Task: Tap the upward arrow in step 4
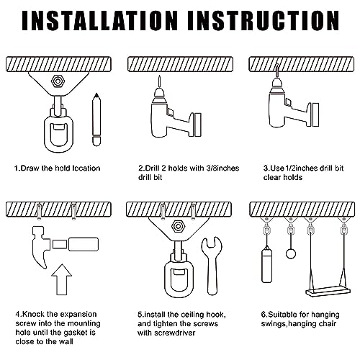tap(63, 281)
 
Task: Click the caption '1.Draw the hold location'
tap(58, 168)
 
